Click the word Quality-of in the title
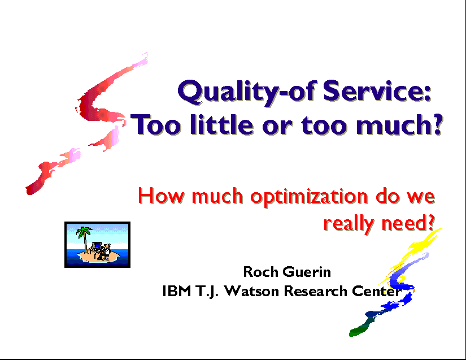point(246,92)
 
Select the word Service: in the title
point(377,90)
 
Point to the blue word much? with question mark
point(399,124)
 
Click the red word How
point(161,196)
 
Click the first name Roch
point(261,272)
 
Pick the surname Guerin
point(307,272)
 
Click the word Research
point(315,290)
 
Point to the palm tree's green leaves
point(84,231)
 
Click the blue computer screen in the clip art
point(97,245)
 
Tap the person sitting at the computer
point(104,251)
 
